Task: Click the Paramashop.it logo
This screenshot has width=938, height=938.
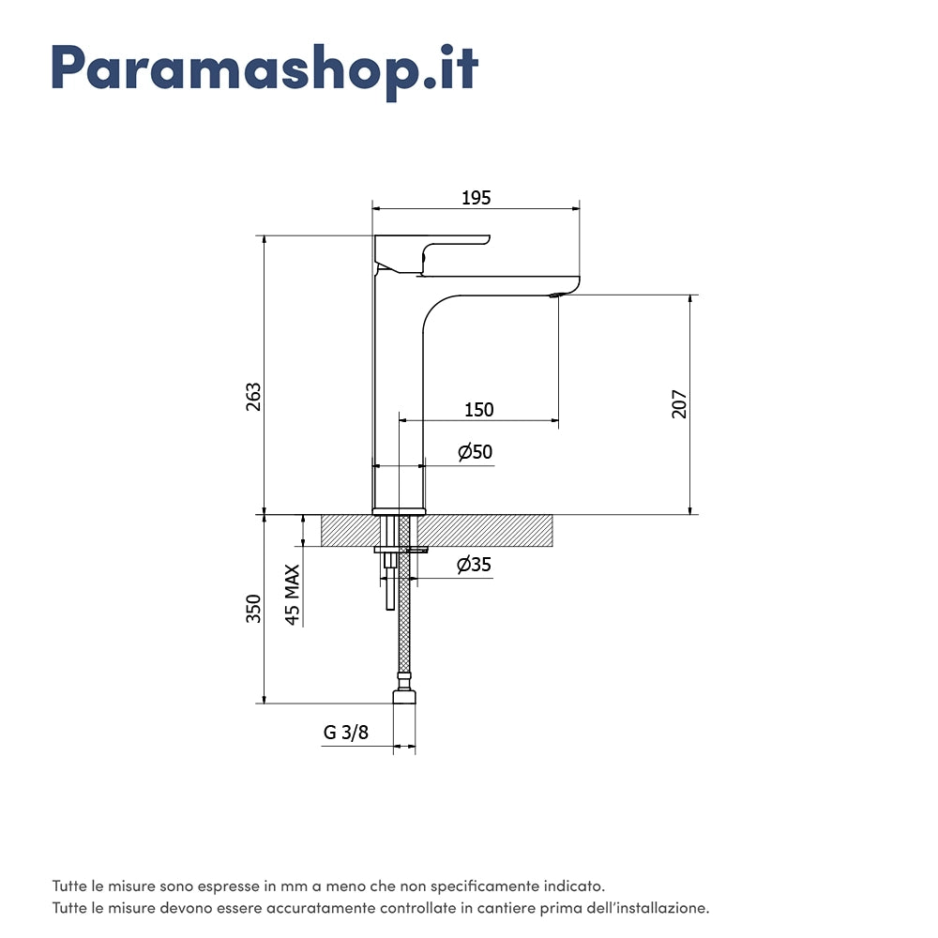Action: pyautogui.click(x=265, y=71)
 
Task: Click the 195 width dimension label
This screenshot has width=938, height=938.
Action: pyautogui.click(x=477, y=198)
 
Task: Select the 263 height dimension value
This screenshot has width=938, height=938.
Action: pyautogui.click(x=253, y=397)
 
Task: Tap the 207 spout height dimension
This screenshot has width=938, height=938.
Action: pyautogui.click(x=679, y=403)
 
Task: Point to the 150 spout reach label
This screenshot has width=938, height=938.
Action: pyautogui.click(x=479, y=410)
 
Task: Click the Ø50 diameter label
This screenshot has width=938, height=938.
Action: pyautogui.click(x=475, y=452)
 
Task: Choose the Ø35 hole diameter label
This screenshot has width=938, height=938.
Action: pyautogui.click(x=474, y=564)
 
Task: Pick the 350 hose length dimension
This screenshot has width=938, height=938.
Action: pyautogui.click(x=253, y=609)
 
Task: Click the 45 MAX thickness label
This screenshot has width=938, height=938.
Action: pyautogui.click(x=292, y=595)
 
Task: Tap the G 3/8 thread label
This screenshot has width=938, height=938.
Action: pyautogui.click(x=346, y=733)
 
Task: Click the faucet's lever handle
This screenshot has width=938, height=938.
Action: pyautogui.click(x=431, y=253)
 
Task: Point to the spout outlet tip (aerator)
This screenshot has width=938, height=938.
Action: pyautogui.click(x=557, y=295)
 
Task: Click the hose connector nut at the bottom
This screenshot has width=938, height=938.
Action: pyautogui.click(x=404, y=697)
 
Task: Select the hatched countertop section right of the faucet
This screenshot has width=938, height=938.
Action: pyautogui.click(x=485, y=531)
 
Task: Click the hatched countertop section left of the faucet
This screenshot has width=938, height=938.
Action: pyautogui.click(x=351, y=531)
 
